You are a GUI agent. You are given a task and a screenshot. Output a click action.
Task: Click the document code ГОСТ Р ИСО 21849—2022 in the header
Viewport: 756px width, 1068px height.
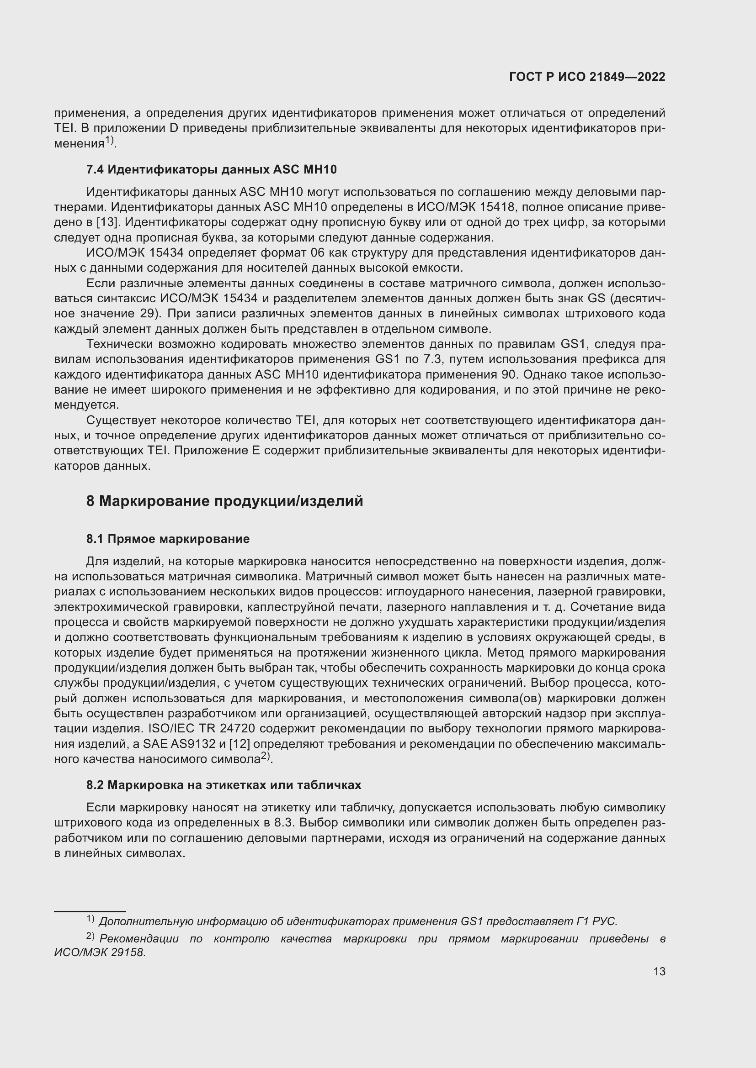coord(587,77)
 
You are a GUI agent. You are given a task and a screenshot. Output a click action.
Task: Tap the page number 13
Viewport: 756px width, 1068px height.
coord(659,971)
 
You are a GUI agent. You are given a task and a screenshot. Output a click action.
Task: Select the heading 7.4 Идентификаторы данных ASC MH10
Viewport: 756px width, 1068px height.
coord(211,170)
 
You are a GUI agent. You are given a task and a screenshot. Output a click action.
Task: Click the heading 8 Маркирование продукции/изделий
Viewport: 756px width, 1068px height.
coord(224,501)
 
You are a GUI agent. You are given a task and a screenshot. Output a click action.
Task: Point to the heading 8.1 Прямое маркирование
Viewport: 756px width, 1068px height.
coord(168,539)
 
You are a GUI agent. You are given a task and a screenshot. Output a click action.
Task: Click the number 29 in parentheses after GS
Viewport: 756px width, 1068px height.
coord(147,314)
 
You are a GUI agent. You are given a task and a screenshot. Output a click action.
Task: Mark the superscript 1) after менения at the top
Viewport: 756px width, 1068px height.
coord(109,140)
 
